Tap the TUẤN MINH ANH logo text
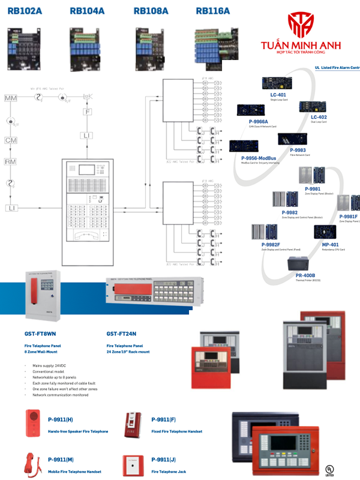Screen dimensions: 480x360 (305, 44)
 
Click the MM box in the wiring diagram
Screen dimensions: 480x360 (11, 98)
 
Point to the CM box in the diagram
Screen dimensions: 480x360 (11, 140)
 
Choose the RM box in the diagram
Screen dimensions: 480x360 (11, 162)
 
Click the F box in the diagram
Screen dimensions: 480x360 (88, 112)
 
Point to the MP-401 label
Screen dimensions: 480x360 (330, 245)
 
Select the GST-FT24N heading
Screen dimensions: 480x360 (121, 334)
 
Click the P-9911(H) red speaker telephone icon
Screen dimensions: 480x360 (33, 422)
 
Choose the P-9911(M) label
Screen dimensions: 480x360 (61, 459)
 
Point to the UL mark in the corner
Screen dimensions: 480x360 (328, 469)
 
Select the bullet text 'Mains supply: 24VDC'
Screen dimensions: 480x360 (56, 365)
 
